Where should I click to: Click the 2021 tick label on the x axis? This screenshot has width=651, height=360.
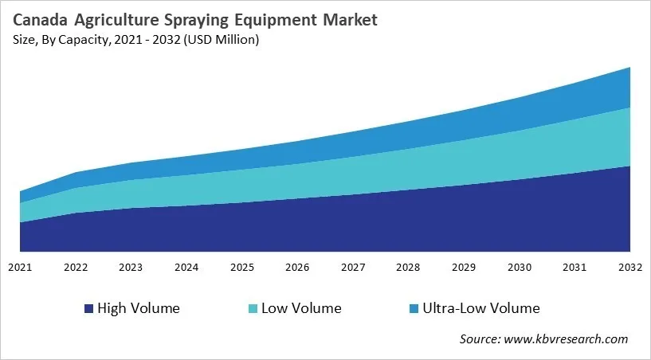pyautogui.click(x=20, y=267)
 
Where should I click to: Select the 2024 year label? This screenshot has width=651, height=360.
pyautogui.click(x=186, y=267)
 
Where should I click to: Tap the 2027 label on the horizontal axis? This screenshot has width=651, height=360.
pyautogui.click(x=353, y=267)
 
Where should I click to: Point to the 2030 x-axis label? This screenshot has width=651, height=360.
pyautogui.click(x=520, y=267)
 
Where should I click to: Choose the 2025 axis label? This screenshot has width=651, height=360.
pyautogui.click(x=242, y=267)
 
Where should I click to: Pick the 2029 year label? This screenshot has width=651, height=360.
pyautogui.click(x=464, y=267)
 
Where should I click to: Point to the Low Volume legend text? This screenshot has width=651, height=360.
pyautogui.click(x=301, y=308)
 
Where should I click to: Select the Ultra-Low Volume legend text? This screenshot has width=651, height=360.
pyautogui.click(x=480, y=308)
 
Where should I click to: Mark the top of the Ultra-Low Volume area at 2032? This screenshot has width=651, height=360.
pyautogui.click(x=629, y=68)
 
